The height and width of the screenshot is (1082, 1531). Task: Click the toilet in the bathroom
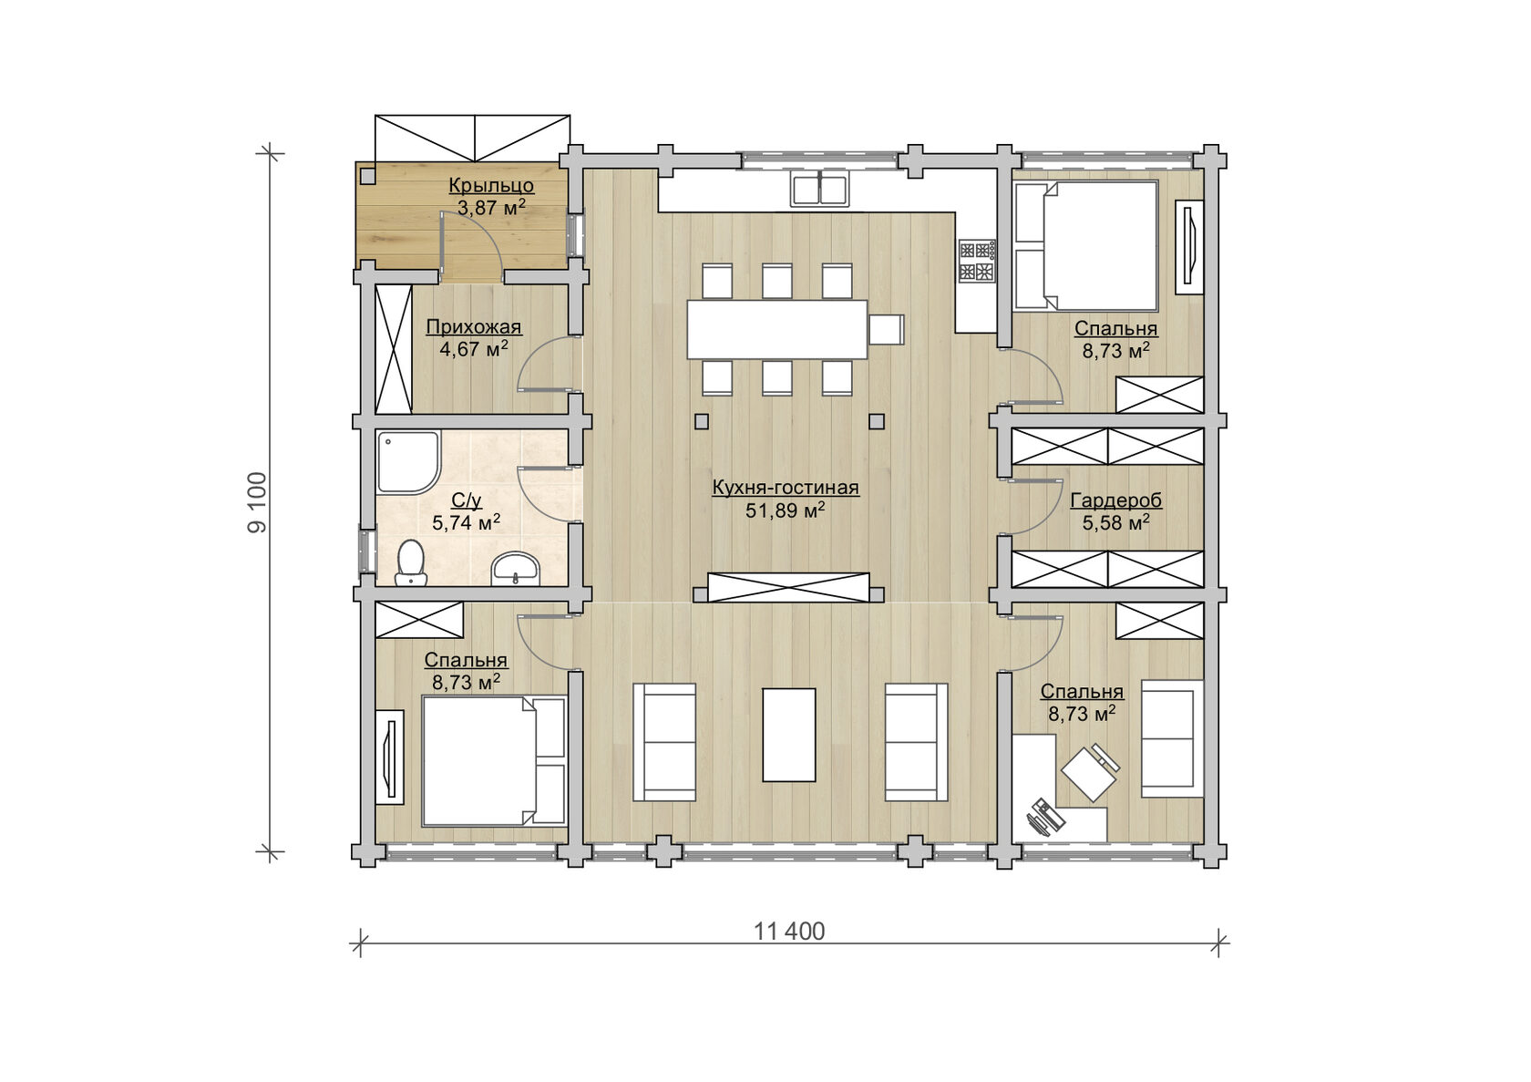[x=411, y=563]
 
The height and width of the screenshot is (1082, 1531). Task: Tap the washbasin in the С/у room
[x=515, y=570]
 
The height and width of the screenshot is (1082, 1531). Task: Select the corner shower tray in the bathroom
[x=407, y=462]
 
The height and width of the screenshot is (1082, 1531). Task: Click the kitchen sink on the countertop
[x=819, y=188]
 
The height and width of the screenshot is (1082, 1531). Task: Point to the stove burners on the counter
[x=977, y=261]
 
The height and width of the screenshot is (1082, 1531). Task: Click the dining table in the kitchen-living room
[x=777, y=329]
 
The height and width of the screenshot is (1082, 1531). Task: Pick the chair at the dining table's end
[x=887, y=329]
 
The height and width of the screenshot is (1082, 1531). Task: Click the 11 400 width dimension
[x=789, y=932]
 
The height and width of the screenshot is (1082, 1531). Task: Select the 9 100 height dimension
[x=258, y=502]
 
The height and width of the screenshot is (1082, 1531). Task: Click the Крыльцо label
[x=490, y=185]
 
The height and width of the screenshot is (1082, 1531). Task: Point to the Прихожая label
[x=474, y=327]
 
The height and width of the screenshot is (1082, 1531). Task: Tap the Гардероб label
[x=1115, y=500]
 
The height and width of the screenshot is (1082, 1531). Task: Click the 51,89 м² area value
[x=785, y=510]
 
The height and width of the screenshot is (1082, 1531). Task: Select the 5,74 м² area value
[x=467, y=523]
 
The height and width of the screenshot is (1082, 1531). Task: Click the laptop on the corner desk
[x=1045, y=817]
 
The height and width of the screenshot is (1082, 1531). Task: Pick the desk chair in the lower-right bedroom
[x=1090, y=772]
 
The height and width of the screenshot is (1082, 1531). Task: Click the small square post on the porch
[x=368, y=176]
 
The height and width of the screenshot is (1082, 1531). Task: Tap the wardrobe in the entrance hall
[x=394, y=348]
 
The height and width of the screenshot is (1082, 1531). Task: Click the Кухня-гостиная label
[x=786, y=488]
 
